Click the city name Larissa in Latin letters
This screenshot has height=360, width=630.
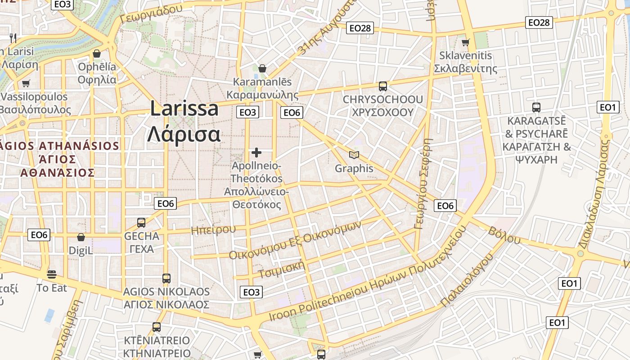coord(184,108)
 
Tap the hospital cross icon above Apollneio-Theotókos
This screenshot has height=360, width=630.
coord(256,153)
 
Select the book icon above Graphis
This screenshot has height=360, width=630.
coord(354,155)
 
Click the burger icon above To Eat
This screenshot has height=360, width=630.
coord(52,274)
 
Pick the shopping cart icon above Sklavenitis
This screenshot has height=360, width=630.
coord(466,42)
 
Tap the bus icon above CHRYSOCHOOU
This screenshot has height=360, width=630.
coord(383,86)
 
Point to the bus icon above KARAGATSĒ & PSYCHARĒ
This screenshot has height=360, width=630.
coord(536,108)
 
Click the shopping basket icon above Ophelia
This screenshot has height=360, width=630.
coord(97,54)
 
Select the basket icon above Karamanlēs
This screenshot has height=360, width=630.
coord(262,68)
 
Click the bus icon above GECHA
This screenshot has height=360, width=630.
coord(141,222)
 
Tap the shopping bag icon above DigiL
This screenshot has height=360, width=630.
coord(81,237)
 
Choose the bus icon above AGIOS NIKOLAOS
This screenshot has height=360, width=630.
coord(166,278)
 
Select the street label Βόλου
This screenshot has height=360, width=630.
coord(504,236)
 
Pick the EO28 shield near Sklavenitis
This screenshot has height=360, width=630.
coord(539,22)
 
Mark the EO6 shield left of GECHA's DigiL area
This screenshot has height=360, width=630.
coord(39,234)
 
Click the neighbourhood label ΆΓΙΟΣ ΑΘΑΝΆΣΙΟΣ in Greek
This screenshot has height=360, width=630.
coord(57,166)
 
